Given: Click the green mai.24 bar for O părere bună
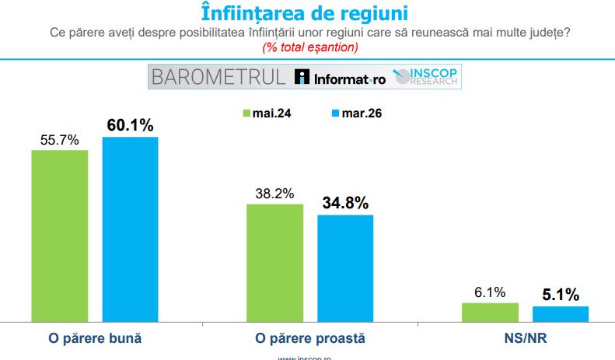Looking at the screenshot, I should (x=60, y=235).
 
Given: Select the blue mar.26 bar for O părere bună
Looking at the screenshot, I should (x=130, y=229).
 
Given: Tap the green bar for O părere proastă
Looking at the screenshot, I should (x=274, y=262).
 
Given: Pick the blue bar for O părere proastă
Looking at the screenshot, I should (x=345, y=267).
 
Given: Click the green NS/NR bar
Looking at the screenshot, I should (x=490, y=312).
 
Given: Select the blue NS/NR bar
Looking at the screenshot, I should (x=561, y=313).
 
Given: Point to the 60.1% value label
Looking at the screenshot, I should (x=130, y=125).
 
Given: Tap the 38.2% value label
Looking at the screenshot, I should (x=274, y=194).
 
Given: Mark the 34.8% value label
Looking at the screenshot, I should (x=345, y=203).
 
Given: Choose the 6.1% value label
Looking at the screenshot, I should (x=490, y=292).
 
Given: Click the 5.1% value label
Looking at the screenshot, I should (x=561, y=295).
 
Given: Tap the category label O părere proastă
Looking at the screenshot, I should (x=310, y=339).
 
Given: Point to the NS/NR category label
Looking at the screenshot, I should (x=526, y=339).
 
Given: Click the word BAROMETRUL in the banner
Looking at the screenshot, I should (x=219, y=77).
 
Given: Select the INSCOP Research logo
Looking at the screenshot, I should (x=428, y=76).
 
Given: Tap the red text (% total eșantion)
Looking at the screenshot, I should (x=309, y=47).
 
